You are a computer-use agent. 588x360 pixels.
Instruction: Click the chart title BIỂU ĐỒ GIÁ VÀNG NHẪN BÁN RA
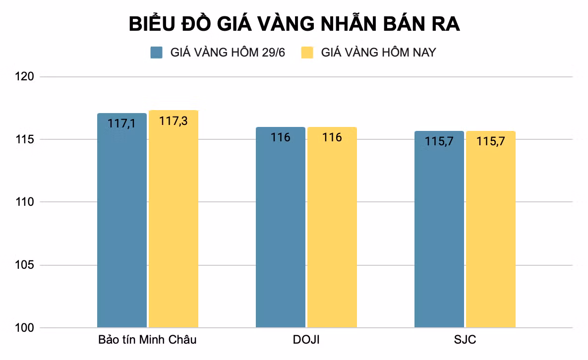pyautogui.click(x=294, y=24)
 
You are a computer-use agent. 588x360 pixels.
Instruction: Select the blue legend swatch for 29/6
pyautogui.click(x=157, y=53)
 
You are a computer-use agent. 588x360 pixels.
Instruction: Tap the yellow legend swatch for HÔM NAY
pyautogui.click(x=307, y=53)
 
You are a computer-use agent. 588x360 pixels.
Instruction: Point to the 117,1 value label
pyautogui.click(x=121, y=123)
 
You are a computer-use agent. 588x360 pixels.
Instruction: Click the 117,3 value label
pyautogui.click(x=174, y=120)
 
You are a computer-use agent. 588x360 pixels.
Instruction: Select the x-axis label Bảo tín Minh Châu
pyautogui.click(x=147, y=340)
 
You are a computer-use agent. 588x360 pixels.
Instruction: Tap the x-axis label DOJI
pyautogui.click(x=306, y=340)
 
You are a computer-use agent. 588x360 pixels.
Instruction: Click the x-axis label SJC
pyautogui.click(x=465, y=340)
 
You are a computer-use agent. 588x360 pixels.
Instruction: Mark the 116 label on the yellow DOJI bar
pyautogui.click(x=332, y=137)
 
